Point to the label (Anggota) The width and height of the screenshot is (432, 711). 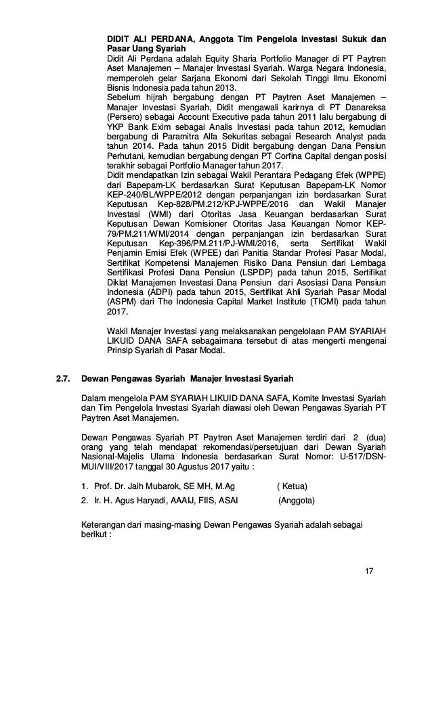tap(298, 501)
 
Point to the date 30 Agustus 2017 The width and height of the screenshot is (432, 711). tap(203, 466)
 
